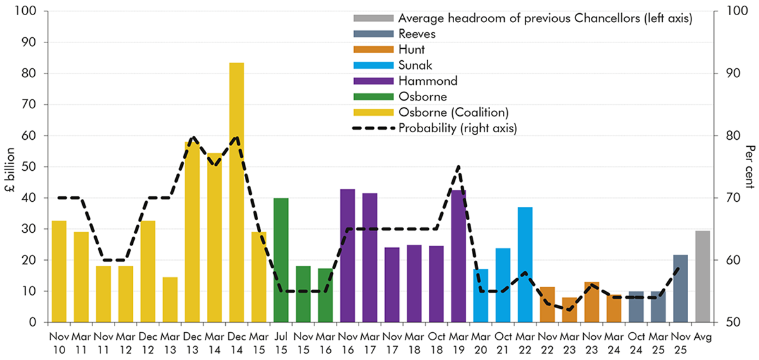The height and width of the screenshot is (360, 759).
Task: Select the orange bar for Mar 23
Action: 569,310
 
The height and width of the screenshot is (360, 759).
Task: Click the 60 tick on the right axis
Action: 728,260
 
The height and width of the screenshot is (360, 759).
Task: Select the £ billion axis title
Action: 9,167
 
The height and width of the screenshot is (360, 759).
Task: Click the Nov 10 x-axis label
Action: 59,342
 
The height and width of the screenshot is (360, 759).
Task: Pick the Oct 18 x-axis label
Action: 436,342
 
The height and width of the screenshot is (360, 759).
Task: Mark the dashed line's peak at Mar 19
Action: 459,167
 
